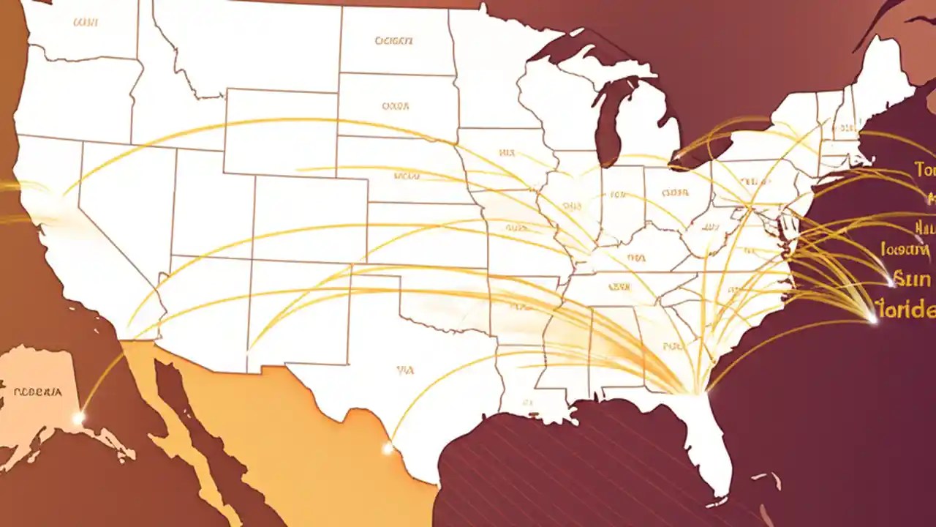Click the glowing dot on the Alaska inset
tap(78, 418)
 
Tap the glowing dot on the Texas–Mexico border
tap(388, 448)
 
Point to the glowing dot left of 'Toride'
tap(872, 318)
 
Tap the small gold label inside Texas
tap(405, 370)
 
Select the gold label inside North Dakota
tap(393, 42)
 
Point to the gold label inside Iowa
tap(507, 154)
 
